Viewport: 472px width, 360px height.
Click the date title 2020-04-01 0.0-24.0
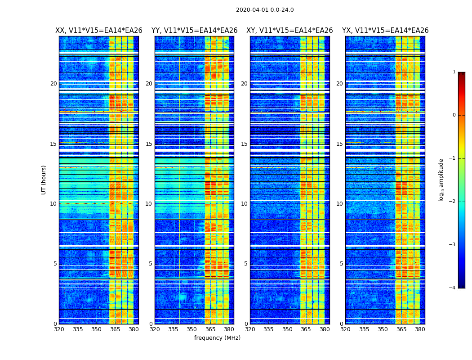coord(265,10)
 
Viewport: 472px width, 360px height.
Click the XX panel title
coord(99,31)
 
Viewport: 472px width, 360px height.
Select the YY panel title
coord(194,31)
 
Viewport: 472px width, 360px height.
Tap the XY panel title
coord(289,31)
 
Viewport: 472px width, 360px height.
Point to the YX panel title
coord(385,31)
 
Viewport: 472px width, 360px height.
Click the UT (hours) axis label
coord(44,180)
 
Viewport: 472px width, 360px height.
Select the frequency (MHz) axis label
coord(217,338)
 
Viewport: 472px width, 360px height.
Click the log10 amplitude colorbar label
coord(441,180)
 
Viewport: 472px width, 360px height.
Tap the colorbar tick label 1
coord(454,72)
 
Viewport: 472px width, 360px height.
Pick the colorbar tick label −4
coord(453,288)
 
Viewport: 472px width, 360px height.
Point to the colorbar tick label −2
coord(453,202)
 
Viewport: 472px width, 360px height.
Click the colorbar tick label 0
coord(454,115)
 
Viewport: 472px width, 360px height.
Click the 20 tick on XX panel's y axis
coord(53,84)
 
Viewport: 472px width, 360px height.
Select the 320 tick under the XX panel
coord(59,329)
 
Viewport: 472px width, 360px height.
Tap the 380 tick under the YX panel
coord(420,329)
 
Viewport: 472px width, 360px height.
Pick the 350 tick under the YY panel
coord(192,329)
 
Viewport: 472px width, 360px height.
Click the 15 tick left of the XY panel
coord(244,144)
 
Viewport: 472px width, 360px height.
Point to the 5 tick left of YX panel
coord(341,264)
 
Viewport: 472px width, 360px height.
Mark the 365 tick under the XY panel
coord(306,329)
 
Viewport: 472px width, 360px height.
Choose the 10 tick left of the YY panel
coord(149,204)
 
